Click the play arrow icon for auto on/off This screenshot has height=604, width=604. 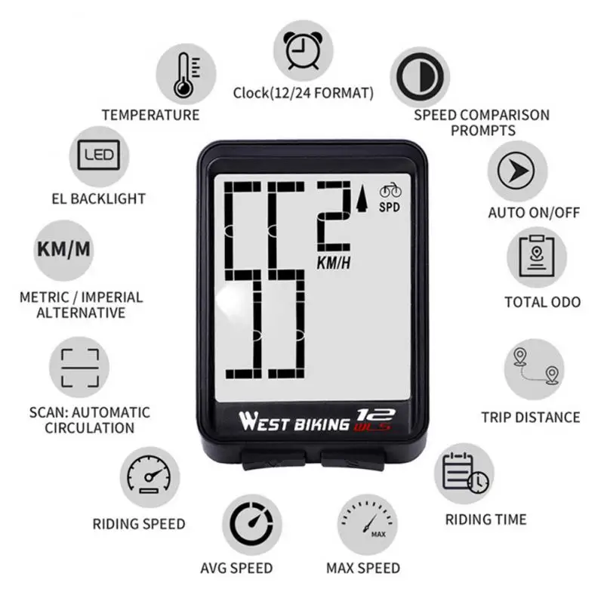pos(516,173)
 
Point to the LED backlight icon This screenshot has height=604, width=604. pos(98,157)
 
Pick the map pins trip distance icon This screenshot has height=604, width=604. pos(535,368)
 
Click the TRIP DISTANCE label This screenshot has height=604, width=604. pos(531,417)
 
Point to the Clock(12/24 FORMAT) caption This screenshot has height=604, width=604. pos(303,94)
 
